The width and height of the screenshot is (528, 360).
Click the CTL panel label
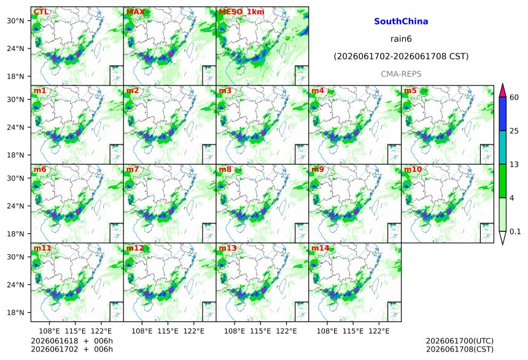pyautogui.click(x=41, y=12)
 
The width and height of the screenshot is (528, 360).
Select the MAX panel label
pyautogui.click(x=135, y=12)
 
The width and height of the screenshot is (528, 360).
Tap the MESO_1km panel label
pyautogui.click(x=241, y=12)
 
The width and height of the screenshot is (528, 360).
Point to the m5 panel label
pyautogui.click(x=410, y=91)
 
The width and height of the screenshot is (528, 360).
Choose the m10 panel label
pyautogui.click(x=413, y=169)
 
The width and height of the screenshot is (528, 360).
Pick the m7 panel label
pyautogui.click(x=133, y=169)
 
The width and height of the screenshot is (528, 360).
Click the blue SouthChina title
pyautogui.click(x=401, y=22)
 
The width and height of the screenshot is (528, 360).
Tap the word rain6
pyautogui.click(x=401, y=39)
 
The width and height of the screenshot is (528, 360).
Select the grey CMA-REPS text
pyautogui.click(x=401, y=74)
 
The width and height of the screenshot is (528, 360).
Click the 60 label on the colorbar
pyautogui.click(x=514, y=98)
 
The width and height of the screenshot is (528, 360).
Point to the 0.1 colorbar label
pyautogui.click(x=515, y=231)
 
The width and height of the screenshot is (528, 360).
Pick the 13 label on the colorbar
pyautogui.click(x=514, y=164)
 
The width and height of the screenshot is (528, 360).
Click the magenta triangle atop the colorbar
pyautogui.click(x=502, y=90)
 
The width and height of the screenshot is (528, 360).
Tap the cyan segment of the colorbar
pyautogui.click(x=502, y=147)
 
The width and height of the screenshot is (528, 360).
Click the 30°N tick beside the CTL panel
pyautogui.click(x=15, y=20)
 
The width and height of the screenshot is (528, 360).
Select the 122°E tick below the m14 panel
pyautogui.click(x=379, y=331)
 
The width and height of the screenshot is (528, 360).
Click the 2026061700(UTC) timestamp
pyautogui.click(x=460, y=341)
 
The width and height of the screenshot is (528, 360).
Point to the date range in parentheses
pyautogui.click(x=401, y=57)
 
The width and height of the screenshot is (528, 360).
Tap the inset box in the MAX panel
pyautogui.click(x=209, y=75)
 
